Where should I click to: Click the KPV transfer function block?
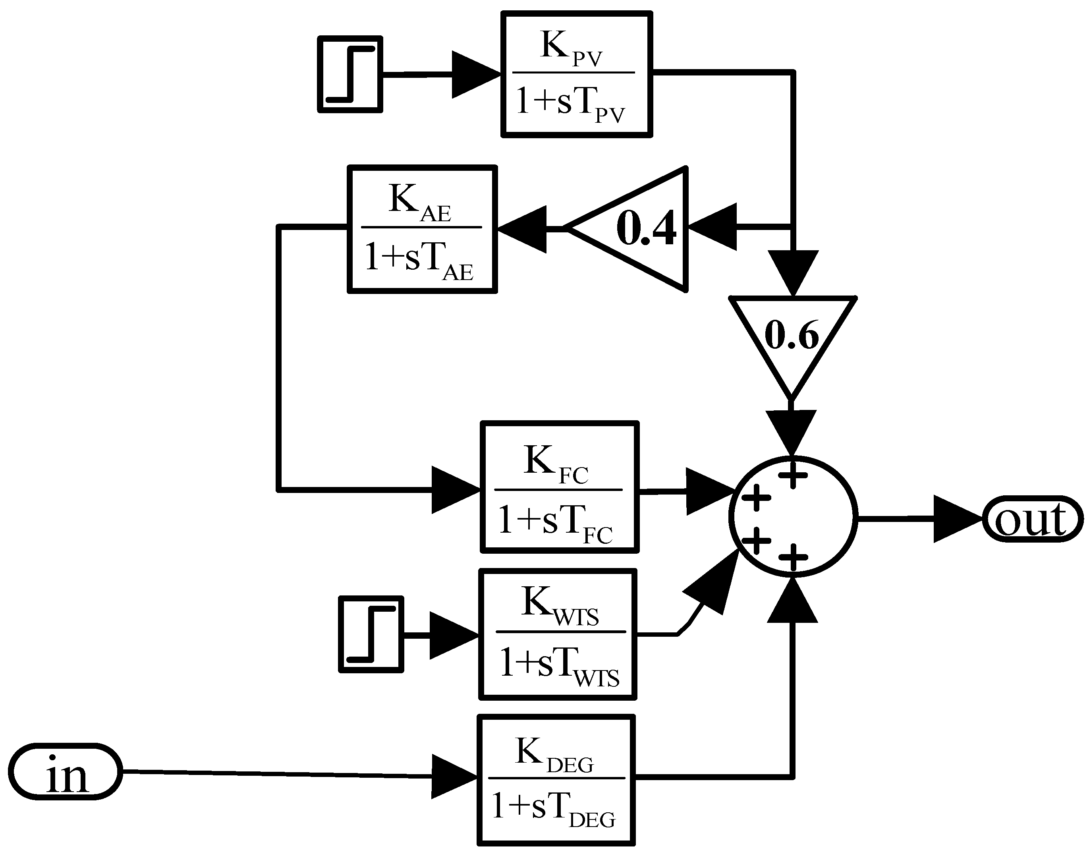coord(576,74)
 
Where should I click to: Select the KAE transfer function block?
coord(422,229)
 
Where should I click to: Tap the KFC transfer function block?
coord(559,487)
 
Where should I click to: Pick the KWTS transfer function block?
coord(558,634)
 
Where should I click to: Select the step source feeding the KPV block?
coord(350,74)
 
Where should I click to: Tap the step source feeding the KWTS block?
coord(371,634)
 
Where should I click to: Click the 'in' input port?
coord(65,771)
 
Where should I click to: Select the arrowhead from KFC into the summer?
coord(708,491)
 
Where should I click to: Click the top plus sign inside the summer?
coord(792,474)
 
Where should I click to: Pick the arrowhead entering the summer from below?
coord(792,601)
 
